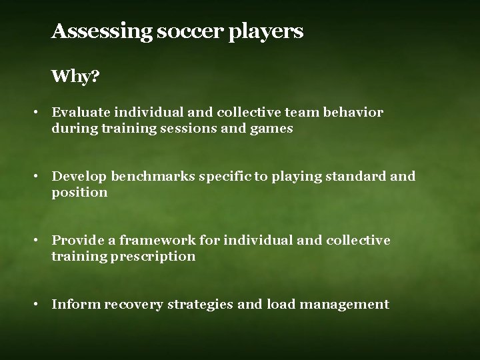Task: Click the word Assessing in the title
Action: (101, 31)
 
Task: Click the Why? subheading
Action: (75, 77)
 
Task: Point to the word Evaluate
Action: (80, 113)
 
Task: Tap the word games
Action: (271, 129)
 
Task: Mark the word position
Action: (79, 193)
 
